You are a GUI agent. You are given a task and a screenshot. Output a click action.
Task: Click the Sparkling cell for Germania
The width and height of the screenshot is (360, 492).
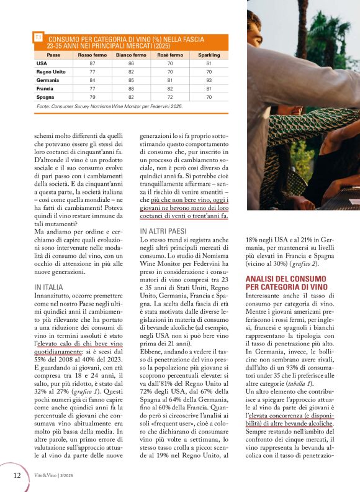pos(209,80)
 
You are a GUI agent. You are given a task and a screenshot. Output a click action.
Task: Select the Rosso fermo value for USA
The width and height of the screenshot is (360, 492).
pos(92,63)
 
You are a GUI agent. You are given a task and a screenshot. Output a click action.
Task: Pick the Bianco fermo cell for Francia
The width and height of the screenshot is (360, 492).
pos(131,89)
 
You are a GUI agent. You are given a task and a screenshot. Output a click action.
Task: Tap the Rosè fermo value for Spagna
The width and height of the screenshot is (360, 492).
pos(169,98)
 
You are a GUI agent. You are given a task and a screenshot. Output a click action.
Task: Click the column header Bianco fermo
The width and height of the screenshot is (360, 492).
pos(131,55)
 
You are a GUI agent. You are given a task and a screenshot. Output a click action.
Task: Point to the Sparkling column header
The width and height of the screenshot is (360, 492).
pos(209,55)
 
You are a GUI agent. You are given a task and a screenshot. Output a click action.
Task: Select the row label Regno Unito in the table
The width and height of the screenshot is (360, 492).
pos(51,72)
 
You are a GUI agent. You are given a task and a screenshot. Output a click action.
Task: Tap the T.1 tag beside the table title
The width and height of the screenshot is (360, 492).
pos(38,38)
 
